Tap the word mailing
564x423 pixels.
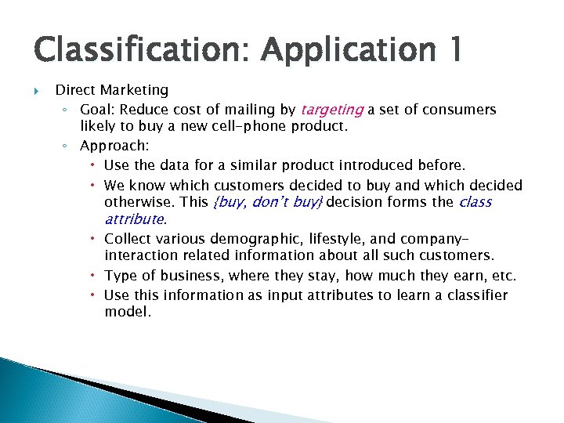tap(251, 110)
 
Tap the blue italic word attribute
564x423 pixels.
tap(133, 219)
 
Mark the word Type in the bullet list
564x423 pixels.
tap(120, 276)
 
